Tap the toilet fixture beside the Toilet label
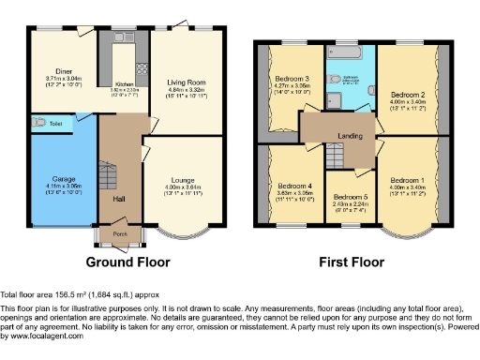(x=37, y=121)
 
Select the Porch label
(x=119, y=234)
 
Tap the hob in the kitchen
(x=142, y=69)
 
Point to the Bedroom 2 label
(x=409, y=96)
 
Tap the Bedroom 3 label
(x=292, y=79)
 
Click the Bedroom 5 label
(x=351, y=197)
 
